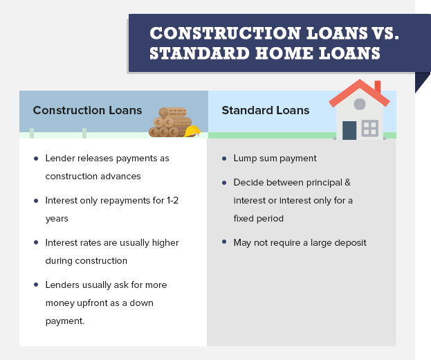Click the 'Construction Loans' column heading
(87, 110)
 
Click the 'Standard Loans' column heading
(266, 110)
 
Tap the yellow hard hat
(192, 131)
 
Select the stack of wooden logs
(170, 122)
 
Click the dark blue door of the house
(349, 130)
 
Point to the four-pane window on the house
(370, 128)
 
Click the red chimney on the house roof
(378, 87)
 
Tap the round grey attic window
(360, 105)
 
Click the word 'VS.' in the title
(386, 33)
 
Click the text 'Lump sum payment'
(275, 159)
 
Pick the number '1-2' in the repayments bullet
(173, 201)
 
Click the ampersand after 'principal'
(348, 182)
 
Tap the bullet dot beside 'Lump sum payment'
(224, 159)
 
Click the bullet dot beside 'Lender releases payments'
(36, 159)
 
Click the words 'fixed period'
(258, 219)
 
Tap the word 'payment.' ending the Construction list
(65, 321)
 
